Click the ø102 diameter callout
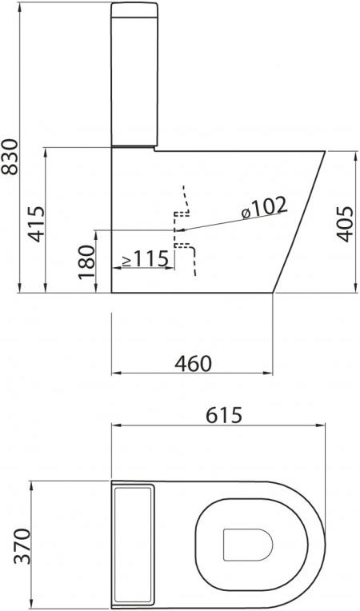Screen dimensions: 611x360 tap(263, 206)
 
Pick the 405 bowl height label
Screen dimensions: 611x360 tap(344, 220)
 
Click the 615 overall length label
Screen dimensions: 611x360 tap(224, 415)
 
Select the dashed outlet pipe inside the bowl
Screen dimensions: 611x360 tap(183, 232)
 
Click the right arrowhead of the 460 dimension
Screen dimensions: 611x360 tap(270, 373)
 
